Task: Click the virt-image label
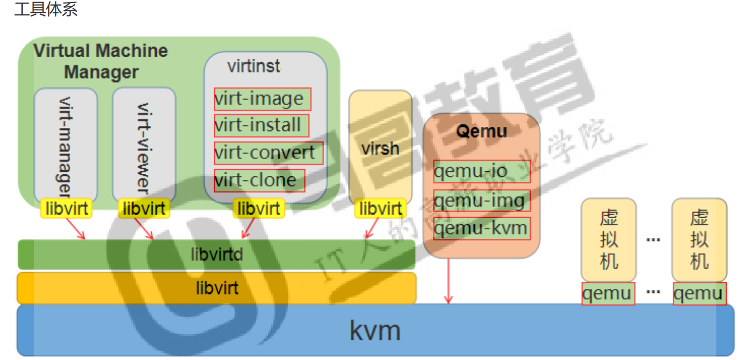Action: [x=262, y=99]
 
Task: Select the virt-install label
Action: [x=261, y=125]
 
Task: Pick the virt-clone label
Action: [x=260, y=181]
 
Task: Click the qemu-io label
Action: [x=482, y=171]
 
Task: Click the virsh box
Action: [x=380, y=149]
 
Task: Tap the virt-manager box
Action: [x=66, y=144]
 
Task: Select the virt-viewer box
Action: [x=144, y=144]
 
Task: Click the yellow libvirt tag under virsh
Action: [x=380, y=208]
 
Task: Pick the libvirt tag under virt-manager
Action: [x=67, y=208]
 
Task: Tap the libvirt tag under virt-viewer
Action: [x=144, y=208]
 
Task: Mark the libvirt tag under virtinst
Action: [x=259, y=208]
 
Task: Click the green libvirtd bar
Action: [x=217, y=254]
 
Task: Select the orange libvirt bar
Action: [x=217, y=288]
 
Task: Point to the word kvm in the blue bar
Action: [x=375, y=330]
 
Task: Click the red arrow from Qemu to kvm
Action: [x=448, y=281]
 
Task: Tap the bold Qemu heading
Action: [x=482, y=131]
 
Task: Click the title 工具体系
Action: [x=46, y=9]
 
